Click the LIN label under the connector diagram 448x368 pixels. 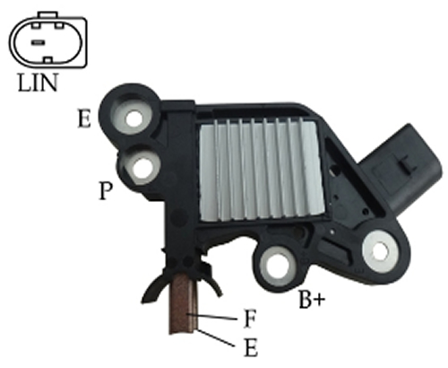(38, 83)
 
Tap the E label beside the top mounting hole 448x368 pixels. (84, 118)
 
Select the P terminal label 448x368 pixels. (106, 190)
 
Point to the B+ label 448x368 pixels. (312, 299)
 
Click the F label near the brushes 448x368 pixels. (250, 319)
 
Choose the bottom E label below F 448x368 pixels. (251, 347)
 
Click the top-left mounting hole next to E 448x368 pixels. (134, 118)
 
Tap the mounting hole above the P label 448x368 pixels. (142, 168)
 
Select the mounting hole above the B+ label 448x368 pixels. (277, 266)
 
